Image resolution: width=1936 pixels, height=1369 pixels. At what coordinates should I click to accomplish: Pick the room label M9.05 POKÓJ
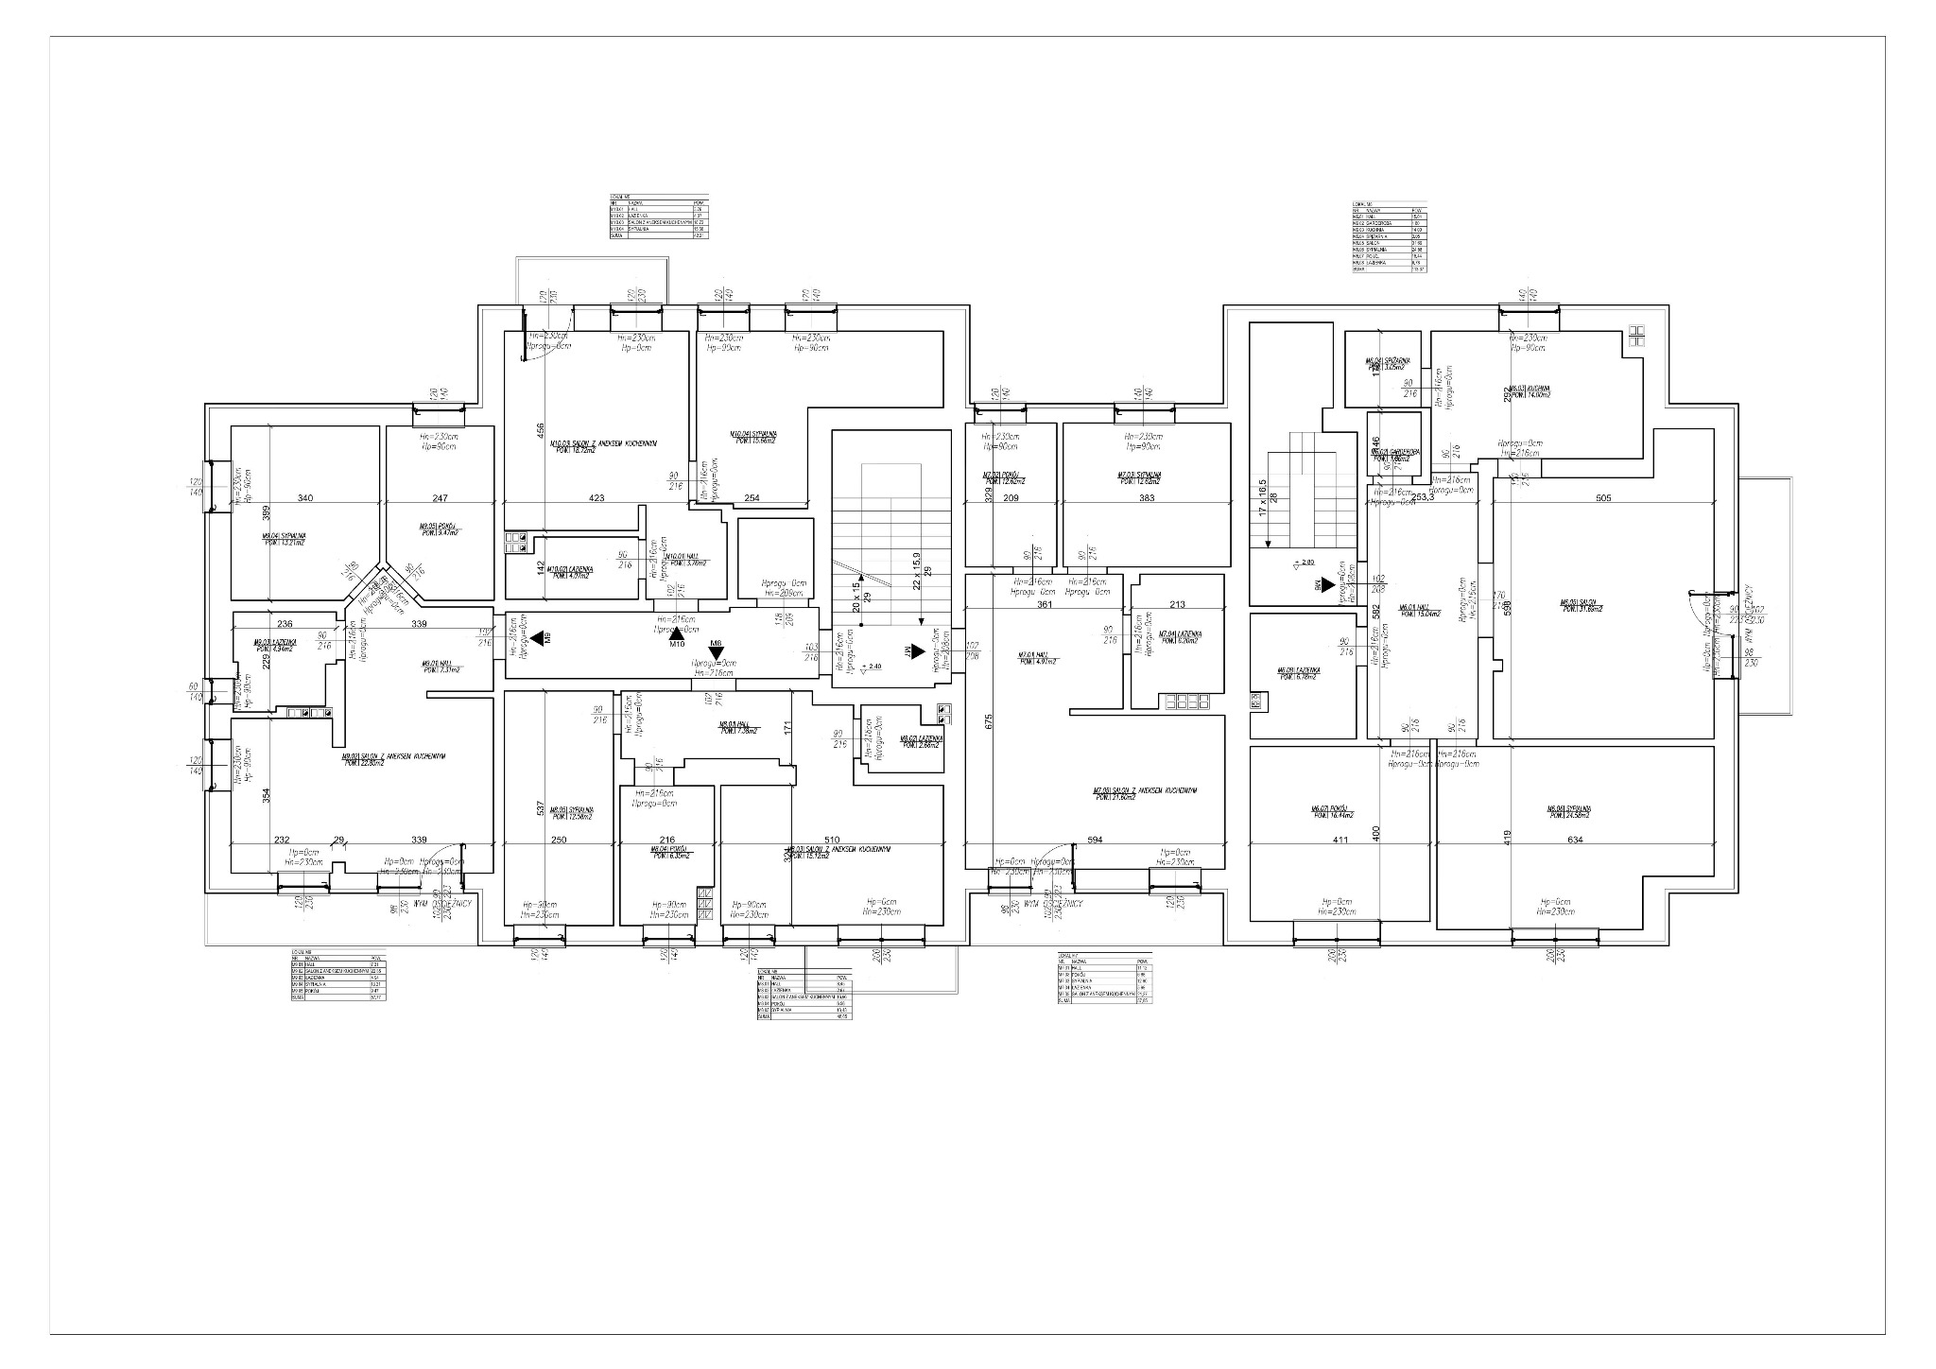click(438, 529)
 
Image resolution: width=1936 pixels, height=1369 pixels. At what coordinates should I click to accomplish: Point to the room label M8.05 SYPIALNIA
click(571, 813)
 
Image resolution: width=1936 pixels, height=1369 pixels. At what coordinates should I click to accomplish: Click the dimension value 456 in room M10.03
click(541, 431)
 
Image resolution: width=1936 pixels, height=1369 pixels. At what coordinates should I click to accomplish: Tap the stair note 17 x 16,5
click(1263, 497)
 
